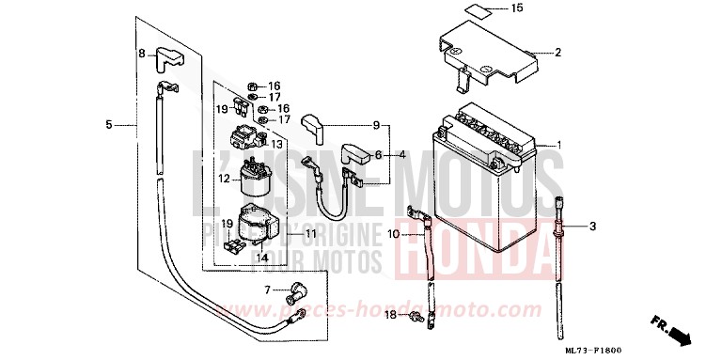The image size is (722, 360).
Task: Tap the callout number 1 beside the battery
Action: pos(593,227)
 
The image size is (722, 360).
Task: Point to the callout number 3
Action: pos(401,154)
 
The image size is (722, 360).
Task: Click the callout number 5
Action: pos(109,124)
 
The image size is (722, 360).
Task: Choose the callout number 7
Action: pos(267,290)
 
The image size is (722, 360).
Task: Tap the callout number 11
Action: pos(375,126)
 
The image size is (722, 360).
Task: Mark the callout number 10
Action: pos(277,146)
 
